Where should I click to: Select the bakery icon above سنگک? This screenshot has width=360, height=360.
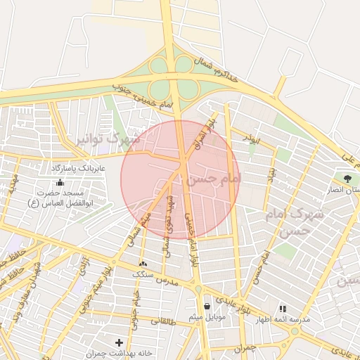[144, 264]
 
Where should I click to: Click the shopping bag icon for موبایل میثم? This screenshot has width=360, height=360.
[207, 306]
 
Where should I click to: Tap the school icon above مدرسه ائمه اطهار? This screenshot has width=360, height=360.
[283, 309]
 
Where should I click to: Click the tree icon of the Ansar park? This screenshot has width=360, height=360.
[347, 178]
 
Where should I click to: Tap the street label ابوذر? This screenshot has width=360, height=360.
[250, 139]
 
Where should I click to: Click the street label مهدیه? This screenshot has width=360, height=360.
[12, 186]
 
